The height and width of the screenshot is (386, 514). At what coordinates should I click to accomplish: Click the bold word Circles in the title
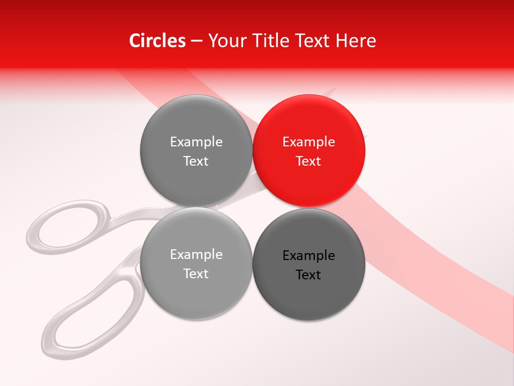coord(157,41)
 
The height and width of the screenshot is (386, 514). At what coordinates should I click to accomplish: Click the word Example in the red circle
coord(308,142)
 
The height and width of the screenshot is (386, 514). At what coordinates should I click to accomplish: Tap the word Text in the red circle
coord(308,161)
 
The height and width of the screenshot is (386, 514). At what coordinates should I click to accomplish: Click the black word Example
coord(308,256)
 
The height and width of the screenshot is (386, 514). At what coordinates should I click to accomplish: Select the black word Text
coord(308,275)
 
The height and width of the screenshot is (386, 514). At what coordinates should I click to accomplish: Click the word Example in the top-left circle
coord(196,142)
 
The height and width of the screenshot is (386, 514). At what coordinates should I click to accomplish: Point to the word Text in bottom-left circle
coord(196,273)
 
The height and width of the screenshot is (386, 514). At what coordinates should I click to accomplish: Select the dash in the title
coord(196,41)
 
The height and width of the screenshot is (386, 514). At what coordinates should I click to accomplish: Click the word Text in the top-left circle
coord(196,161)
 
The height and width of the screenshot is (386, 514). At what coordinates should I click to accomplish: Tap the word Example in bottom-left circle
coord(196,255)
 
